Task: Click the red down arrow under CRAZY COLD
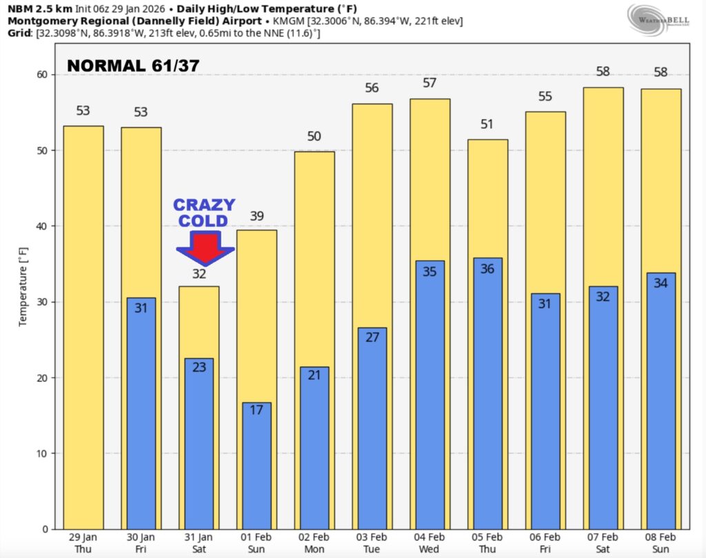pos(205,249)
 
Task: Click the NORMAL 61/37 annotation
pos(133,67)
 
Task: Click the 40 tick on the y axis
pos(41,226)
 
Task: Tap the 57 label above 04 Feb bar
pos(430,83)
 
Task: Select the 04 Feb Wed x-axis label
pos(430,541)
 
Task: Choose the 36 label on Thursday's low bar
pos(487,269)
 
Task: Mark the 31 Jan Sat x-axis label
pos(199,541)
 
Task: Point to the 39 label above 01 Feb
pos(256,217)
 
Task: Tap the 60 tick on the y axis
pos(41,74)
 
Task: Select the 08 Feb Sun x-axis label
pos(660,541)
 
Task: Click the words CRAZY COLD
pos(204,212)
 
